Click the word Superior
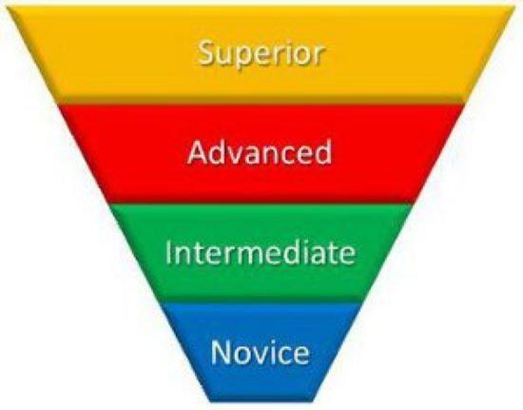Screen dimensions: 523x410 point(261,53)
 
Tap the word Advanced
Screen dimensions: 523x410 point(260,152)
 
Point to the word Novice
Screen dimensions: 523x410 point(261,352)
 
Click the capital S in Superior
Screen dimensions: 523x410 point(207,52)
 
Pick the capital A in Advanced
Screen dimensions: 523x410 point(199,153)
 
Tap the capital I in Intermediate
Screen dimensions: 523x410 point(168,252)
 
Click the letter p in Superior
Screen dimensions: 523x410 point(245,58)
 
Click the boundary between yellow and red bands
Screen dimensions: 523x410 point(261,104)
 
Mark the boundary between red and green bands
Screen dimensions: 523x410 point(261,204)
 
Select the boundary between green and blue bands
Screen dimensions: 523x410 point(261,303)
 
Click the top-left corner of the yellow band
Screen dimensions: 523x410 point(8,7)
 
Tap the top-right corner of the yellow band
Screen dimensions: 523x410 point(515,7)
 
